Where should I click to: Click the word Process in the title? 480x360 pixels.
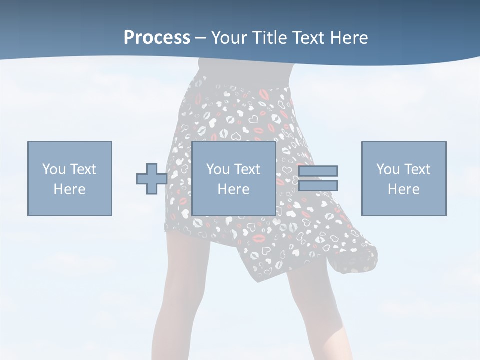tap(157, 37)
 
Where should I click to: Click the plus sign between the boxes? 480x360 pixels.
tap(152, 179)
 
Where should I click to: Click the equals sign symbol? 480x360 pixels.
tap(318, 178)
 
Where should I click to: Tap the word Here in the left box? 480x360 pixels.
tap(69, 189)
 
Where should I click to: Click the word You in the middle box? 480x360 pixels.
tap(218, 169)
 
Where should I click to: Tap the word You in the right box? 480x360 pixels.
tap(388, 169)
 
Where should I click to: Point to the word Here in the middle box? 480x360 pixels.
tap(234, 189)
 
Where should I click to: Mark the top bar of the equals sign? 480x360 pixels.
tap(318, 171)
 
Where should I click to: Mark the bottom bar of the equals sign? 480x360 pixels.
tap(318, 185)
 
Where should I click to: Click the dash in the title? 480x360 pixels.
tap(201, 38)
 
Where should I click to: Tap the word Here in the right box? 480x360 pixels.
tap(404, 189)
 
